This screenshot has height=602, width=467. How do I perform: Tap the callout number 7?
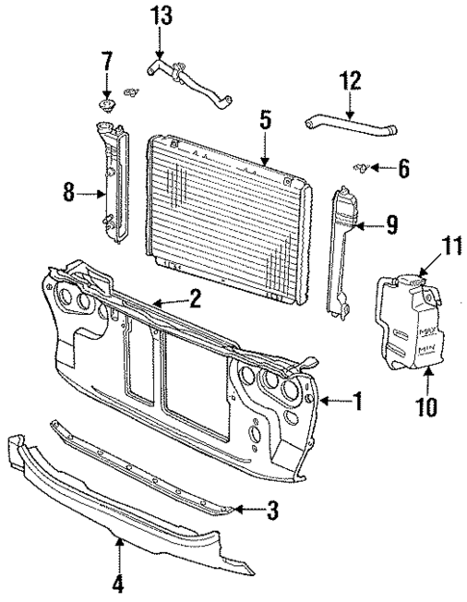107,64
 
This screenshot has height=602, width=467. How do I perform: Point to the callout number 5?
265,119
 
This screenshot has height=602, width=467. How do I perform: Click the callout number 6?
402,170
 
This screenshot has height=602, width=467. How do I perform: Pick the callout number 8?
68,192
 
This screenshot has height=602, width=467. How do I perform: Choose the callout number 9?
392,225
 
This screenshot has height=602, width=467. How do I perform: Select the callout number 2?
195,299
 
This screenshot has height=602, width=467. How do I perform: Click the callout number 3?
273,510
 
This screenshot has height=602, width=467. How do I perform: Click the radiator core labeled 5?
226,202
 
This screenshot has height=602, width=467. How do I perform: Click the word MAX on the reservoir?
426,331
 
